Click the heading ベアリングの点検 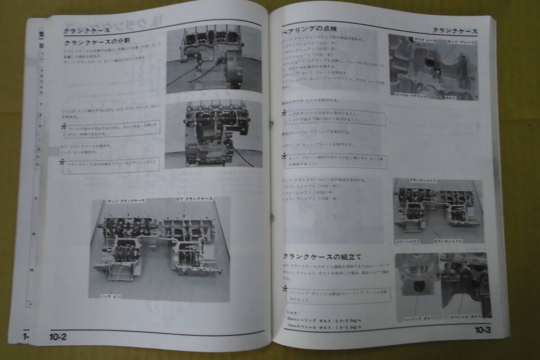[x=310, y=29]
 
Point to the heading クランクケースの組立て [x=322, y=257]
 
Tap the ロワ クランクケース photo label [x=194, y=199]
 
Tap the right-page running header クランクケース [x=455, y=31]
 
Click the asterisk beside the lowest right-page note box [x=284, y=290]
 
